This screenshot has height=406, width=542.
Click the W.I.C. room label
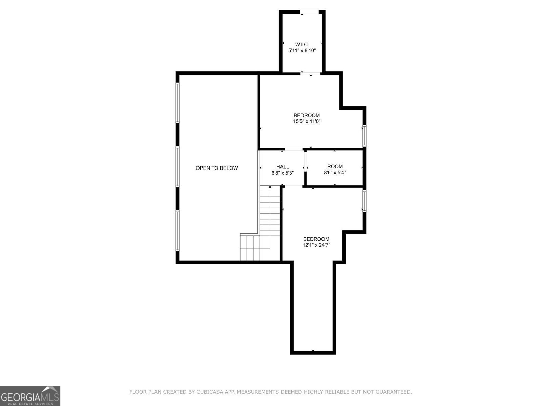302,44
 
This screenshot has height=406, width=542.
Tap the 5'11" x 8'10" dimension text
302,50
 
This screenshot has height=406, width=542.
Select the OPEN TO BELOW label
217,168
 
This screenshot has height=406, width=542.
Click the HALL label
283,166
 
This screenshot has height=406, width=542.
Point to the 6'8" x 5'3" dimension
283,173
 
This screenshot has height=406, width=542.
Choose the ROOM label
335,166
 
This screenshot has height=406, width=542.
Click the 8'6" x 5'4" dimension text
335,173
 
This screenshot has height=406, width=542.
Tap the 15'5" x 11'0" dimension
307,121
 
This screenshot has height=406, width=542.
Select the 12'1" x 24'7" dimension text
316,245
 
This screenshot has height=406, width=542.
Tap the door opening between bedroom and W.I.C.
311,73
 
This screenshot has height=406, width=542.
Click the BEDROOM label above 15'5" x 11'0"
307,115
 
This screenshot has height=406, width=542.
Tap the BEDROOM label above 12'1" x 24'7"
316,239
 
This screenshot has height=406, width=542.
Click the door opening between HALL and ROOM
305,167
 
